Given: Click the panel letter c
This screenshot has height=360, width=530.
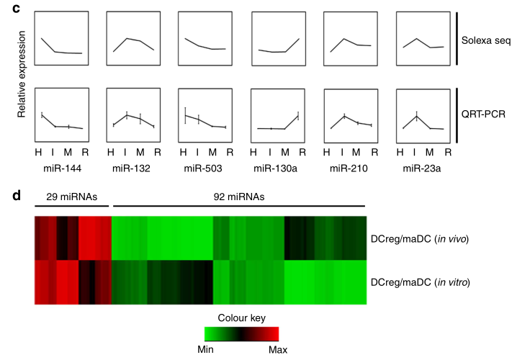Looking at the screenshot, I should [6, 6].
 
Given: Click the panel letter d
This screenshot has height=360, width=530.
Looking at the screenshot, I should [7, 194].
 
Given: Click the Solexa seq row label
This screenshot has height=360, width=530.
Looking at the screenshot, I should [487, 40].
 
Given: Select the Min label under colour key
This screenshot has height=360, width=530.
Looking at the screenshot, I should [207, 348].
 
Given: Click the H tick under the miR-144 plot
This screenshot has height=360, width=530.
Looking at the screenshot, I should [38, 152].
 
